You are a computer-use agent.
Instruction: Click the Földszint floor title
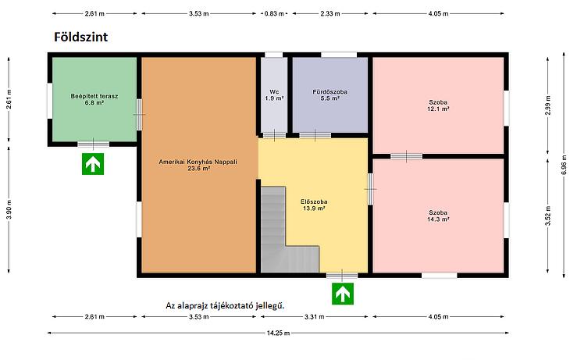(x=80, y=37)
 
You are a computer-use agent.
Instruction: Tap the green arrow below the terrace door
(x=93, y=164)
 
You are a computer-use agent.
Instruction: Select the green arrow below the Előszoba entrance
(x=343, y=294)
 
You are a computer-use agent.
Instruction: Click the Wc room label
(x=274, y=95)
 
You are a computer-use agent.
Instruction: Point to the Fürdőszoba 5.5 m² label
(x=330, y=95)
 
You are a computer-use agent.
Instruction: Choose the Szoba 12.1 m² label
(x=438, y=105)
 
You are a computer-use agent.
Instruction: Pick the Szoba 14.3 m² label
(x=438, y=216)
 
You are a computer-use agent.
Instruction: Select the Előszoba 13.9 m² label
(x=314, y=205)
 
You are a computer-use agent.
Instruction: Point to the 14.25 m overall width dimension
(x=278, y=333)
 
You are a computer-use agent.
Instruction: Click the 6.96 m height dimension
(x=564, y=165)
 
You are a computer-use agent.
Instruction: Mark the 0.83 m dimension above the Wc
(x=274, y=14)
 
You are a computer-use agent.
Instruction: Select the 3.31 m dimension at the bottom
(x=315, y=317)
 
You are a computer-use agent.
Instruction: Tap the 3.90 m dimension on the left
(x=9, y=210)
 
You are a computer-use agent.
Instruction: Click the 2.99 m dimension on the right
(x=548, y=105)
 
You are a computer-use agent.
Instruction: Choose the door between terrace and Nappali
(x=139, y=115)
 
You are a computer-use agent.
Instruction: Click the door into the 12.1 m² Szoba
(x=406, y=156)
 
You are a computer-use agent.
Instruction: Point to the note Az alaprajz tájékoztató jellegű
(x=225, y=305)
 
